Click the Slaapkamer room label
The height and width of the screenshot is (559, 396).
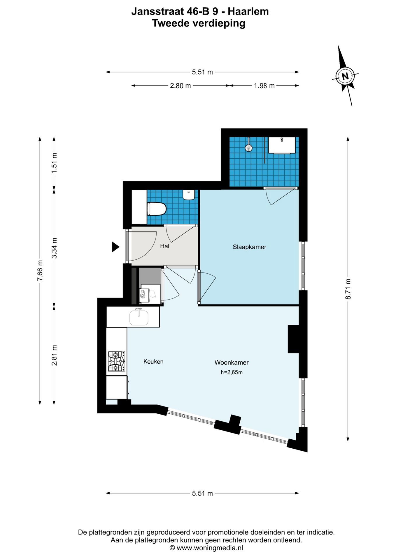(249, 247)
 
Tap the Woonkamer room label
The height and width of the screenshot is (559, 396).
(232, 362)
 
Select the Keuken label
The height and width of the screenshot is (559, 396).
(153, 362)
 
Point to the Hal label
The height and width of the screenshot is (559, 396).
(164, 246)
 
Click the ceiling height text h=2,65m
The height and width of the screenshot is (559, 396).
(232, 372)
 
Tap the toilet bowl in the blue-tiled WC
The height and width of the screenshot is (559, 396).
(157, 209)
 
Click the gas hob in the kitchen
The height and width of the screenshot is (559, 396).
(116, 361)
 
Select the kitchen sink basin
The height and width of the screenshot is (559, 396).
(139, 317)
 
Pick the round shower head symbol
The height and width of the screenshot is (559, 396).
(248, 148)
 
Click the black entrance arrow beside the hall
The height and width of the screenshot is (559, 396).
(115, 247)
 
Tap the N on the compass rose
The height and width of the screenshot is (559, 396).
(345, 76)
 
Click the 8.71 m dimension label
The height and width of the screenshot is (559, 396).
(348, 289)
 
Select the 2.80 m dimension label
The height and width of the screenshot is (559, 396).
(181, 86)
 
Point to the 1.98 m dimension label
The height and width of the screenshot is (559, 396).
(264, 86)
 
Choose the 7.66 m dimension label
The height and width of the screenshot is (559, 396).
(40, 271)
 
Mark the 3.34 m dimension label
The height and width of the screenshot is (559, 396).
(54, 248)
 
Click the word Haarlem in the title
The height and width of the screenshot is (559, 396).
(248, 11)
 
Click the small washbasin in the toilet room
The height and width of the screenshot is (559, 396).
(189, 195)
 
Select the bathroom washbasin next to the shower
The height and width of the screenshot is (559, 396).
(282, 145)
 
